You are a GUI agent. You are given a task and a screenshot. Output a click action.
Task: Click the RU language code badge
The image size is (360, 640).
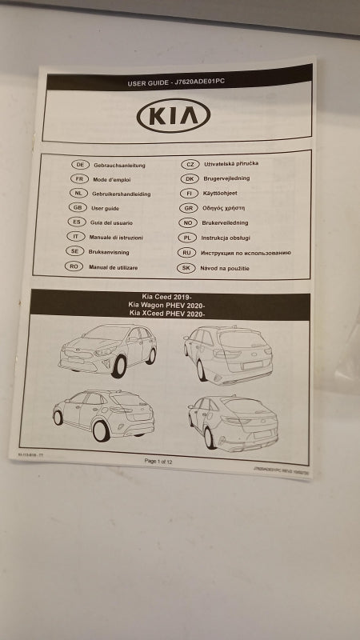[x=188, y=253]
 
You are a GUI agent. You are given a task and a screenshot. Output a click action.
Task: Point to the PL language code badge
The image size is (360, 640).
[x=189, y=238]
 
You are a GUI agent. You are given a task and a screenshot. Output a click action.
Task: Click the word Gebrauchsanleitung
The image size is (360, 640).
[x=119, y=165]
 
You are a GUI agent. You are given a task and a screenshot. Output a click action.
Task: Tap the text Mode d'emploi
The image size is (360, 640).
[x=113, y=179]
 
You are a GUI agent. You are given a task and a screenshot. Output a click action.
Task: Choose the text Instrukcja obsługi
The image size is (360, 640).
[x=226, y=238]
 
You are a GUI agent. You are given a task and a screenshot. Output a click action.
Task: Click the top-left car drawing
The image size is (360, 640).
[x=108, y=350]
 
